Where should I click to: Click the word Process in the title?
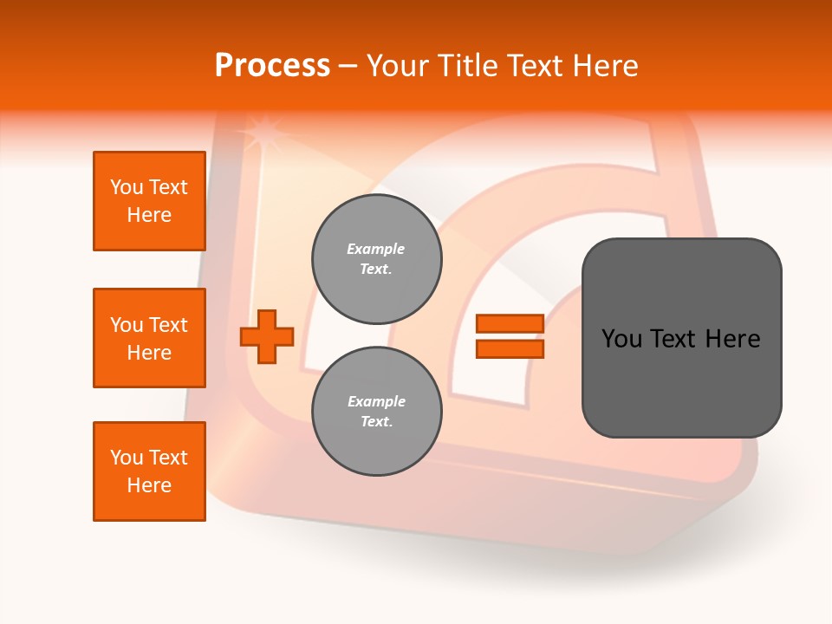pos(272,65)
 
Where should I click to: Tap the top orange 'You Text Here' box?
pos(149,201)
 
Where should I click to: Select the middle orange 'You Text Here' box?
pos(149,338)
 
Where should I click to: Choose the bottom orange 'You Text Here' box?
pos(149,471)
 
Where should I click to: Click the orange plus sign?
pos(267,335)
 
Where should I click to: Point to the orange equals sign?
pos(510,336)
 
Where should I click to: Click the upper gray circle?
pos(377,259)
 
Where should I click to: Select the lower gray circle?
pos(377,412)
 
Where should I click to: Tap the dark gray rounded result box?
pos(681,338)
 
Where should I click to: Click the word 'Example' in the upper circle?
pos(376,250)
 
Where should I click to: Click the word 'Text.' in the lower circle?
pos(376,422)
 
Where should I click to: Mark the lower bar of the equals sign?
pos(510,348)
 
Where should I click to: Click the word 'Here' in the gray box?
pos(732,339)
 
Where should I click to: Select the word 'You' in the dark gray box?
pos(622,339)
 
